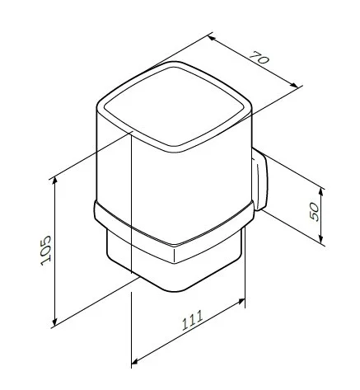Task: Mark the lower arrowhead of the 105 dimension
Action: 55,322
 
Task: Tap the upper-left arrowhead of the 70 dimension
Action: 212,36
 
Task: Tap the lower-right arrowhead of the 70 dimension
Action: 294,85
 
